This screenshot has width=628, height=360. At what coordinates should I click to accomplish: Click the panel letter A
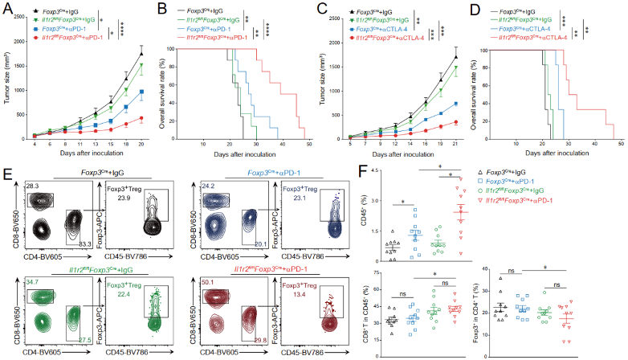click(x=6, y=7)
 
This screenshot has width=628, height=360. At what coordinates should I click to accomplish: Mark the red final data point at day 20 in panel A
click(x=141, y=118)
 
